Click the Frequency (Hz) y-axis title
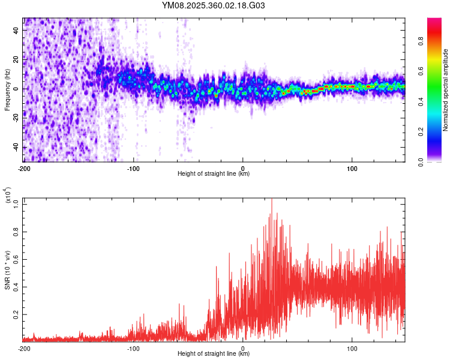tap(8, 90)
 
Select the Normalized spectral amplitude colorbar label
tap(446, 90)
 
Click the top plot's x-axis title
tap(214, 173)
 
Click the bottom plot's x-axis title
tap(214, 353)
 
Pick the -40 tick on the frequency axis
tap(16, 148)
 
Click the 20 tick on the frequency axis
tap(17, 59)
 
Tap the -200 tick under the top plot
tap(24, 167)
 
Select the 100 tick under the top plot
tap(352, 167)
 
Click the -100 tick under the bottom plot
tap(133, 347)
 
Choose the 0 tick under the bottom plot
tap(243, 347)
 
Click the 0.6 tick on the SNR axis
tap(15, 259)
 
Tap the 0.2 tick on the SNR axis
tap(15, 314)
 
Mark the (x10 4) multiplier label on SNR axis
tap(8, 195)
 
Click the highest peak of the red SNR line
tap(272, 199)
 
